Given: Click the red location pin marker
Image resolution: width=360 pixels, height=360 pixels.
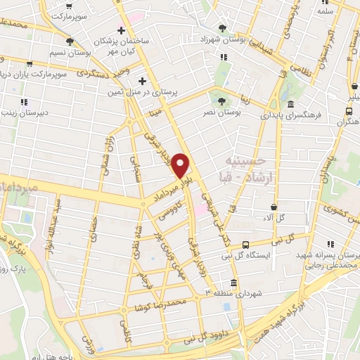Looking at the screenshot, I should tap(181, 165).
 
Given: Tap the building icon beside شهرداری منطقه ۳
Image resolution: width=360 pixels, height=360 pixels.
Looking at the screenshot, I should tap(234, 283).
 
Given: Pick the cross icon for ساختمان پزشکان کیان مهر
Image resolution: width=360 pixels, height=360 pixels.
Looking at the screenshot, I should tap(122, 31).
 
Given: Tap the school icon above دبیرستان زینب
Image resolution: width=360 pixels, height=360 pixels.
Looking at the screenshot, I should tap(25, 101).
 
